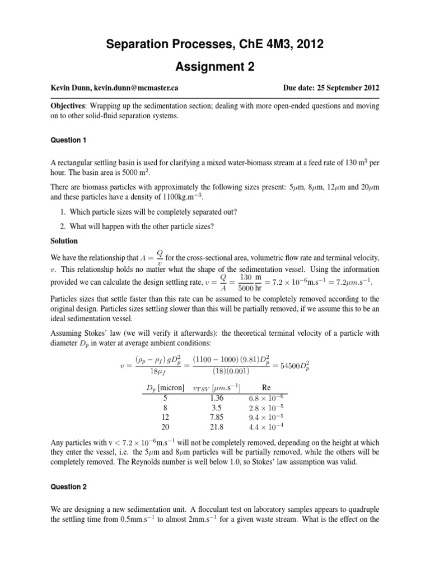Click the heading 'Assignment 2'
tap(215, 67)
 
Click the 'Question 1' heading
tap(68, 140)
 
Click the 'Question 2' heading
tap(68, 487)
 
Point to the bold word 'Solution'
tap(66, 240)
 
